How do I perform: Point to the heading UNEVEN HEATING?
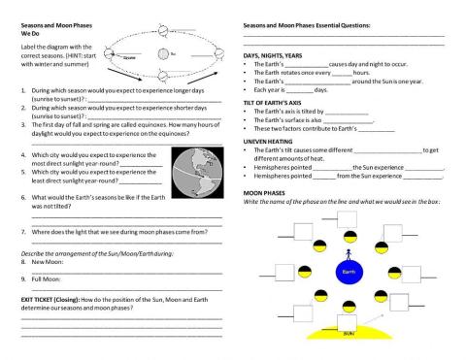coord(266,142)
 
